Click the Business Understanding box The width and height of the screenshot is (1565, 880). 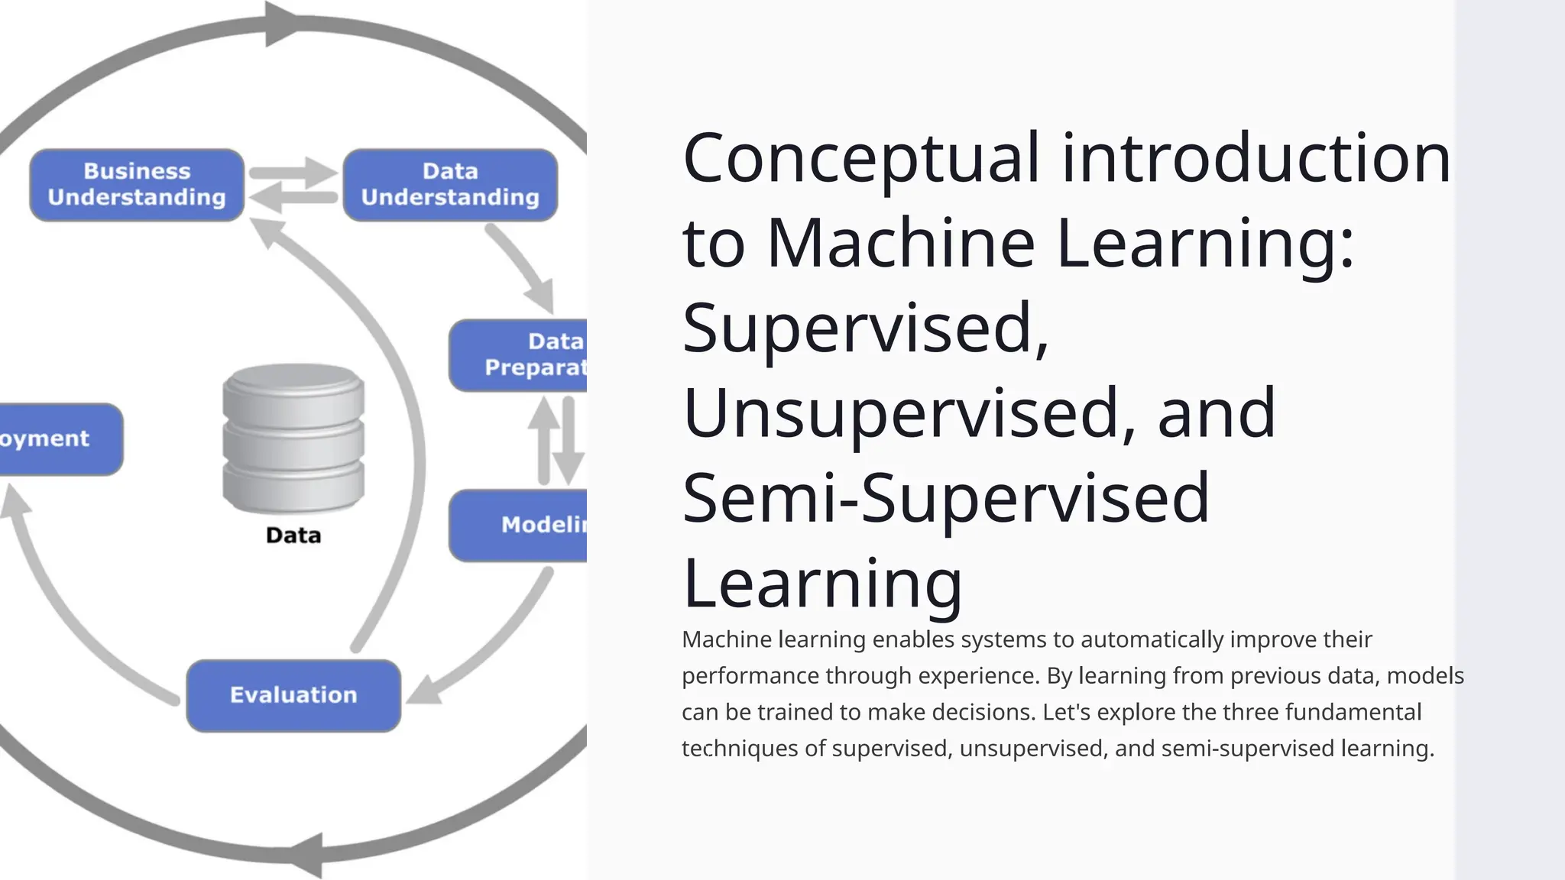coord(137,185)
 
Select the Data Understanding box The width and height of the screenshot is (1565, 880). coord(450,185)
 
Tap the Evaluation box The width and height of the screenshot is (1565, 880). coord(293,695)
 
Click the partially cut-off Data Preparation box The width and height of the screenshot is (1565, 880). coord(520,355)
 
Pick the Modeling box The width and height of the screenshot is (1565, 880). coord(520,526)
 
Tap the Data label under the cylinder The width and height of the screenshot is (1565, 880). coord(293,535)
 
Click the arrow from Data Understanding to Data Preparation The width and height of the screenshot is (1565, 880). coord(523,267)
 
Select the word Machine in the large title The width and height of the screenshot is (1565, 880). coord(901,244)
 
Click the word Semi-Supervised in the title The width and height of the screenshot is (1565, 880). coord(946,498)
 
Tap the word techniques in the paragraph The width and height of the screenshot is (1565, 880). coord(740,749)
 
